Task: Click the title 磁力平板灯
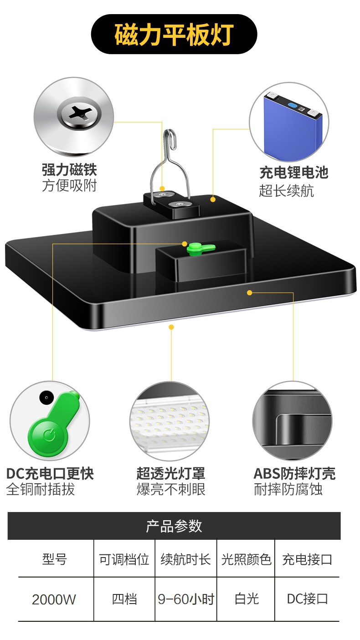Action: click(x=174, y=35)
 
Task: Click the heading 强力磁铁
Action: click(x=69, y=170)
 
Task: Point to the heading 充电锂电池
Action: click(x=293, y=173)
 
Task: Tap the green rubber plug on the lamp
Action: click(x=200, y=247)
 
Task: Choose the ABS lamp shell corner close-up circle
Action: click(x=292, y=422)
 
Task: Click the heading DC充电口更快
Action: click(x=50, y=473)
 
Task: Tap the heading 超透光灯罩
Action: click(x=170, y=473)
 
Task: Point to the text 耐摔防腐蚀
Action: click(x=288, y=490)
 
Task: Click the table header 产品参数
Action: click(x=174, y=526)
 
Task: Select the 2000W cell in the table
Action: click(x=54, y=599)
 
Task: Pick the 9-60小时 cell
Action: click(x=186, y=599)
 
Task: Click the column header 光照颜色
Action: click(x=246, y=559)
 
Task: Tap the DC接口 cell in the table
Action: click(x=307, y=599)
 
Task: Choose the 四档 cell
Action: click(x=124, y=599)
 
